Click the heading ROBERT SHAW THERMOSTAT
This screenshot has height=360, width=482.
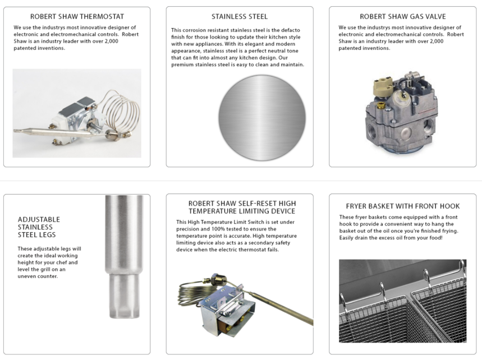tap(77, 17)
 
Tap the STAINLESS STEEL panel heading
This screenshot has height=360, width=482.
tap(240, 17)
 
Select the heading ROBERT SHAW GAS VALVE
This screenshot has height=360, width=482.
tap(403, 17)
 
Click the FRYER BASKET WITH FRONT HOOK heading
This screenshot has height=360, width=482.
tap(403, 206)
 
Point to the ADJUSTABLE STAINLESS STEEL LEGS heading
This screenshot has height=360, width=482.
tap(39, 227)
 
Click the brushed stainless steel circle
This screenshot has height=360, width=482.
tap(262, 118)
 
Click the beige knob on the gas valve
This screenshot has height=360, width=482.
tap(383, 86)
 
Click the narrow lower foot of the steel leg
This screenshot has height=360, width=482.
tap(124, 296)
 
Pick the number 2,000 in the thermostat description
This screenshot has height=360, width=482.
tap(111, 41)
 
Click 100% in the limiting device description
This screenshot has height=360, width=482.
tap(219, 229)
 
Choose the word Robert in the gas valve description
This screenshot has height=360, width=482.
tap(456, 34)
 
